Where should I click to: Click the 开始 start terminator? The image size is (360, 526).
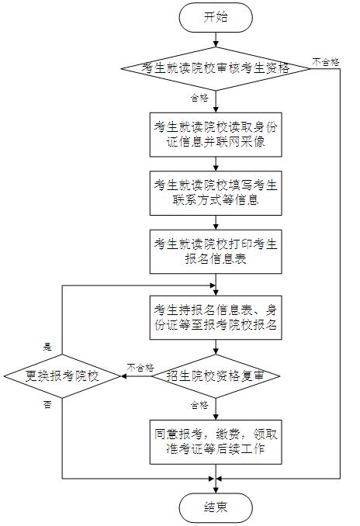coord(216,17)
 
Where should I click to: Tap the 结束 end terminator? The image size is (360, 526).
coord(216,507)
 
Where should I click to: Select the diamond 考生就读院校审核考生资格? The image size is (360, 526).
coord(216,68)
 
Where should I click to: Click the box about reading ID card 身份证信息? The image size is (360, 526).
coord(216,134)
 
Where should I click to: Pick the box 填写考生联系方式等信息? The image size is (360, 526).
coord(216,193)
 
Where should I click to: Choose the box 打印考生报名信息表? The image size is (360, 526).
coord(216,251)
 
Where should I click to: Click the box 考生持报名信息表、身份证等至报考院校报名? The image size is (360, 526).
coord(216,317)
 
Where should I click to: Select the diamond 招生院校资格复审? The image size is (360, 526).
coord(216,376)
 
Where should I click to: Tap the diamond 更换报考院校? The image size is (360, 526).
coord(62,376)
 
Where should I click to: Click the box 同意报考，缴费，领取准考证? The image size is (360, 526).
coord(216,441)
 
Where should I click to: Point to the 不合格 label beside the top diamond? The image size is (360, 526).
coord(326,62)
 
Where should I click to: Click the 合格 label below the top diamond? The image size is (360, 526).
coord(199,98)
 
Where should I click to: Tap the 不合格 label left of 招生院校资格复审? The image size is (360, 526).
coord(140,368)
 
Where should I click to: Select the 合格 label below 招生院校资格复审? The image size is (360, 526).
coord(199,405)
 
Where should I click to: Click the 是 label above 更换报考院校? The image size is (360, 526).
coord(47,347)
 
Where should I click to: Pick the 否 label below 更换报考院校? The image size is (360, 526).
coord(47,405)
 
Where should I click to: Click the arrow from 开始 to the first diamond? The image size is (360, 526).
coord(216,40)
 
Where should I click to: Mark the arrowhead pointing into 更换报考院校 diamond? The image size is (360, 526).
coord(123,376)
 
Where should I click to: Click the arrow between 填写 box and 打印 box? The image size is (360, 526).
coord(216,223)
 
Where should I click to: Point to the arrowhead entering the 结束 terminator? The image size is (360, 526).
coord(216,490)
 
